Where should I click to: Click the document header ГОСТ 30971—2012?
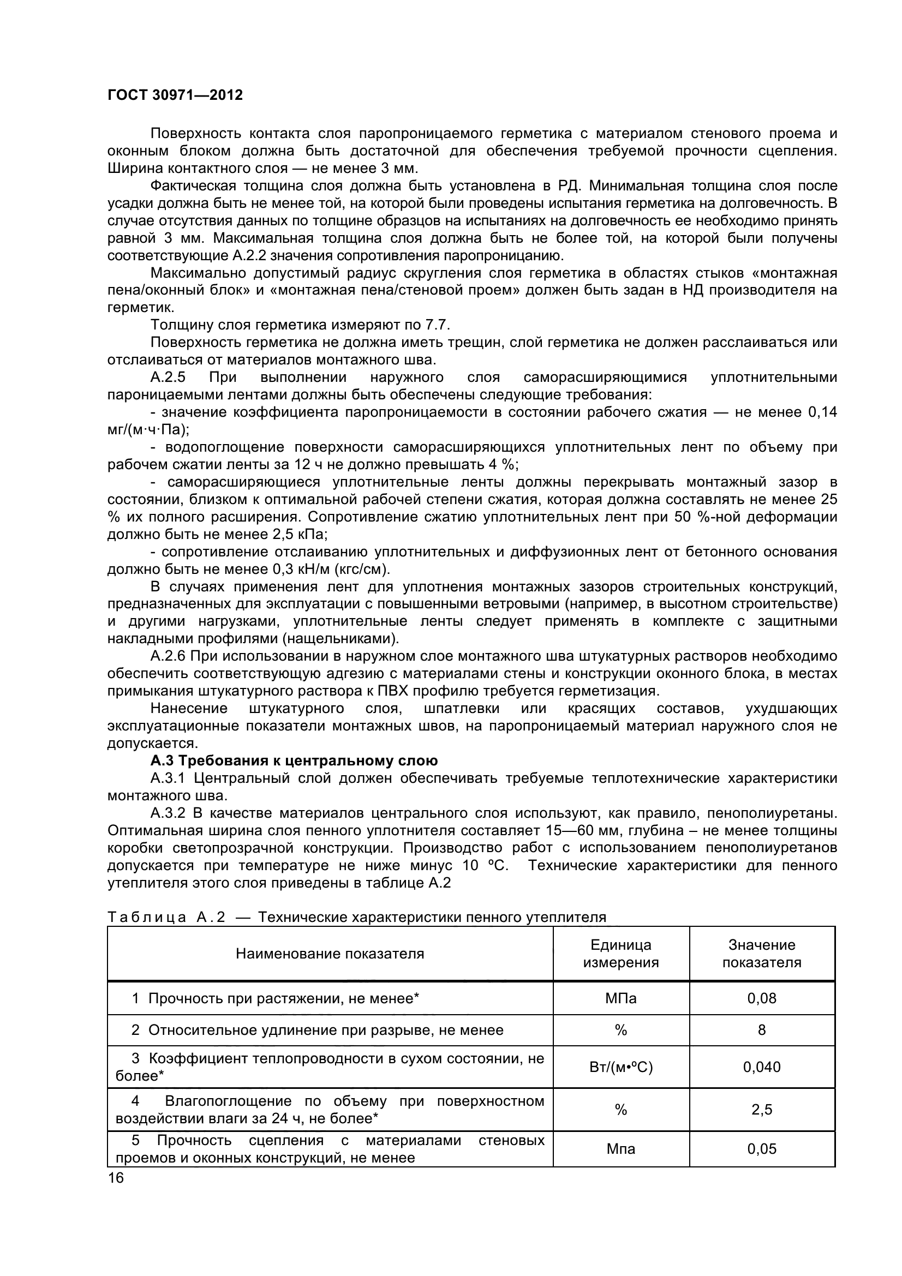(175, 95)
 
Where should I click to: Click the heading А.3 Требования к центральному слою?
(294, 760)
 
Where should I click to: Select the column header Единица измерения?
(621, 954)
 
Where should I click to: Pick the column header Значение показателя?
(761, 954)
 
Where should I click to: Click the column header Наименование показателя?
(330, 954)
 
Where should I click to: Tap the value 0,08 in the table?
(761, 998)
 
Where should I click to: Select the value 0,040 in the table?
(761, 1067)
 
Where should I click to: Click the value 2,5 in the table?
(761, 1109)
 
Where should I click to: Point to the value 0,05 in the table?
(761, 1149)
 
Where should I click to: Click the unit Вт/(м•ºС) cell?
(621, 1067)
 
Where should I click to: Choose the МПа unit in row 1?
(621, 998)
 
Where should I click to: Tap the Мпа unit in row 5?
(621, 1149)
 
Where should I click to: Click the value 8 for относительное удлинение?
(761, 1030)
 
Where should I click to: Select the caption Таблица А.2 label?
(166, 917)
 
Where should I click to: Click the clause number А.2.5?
(168, 378)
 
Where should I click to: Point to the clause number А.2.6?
(168, 656)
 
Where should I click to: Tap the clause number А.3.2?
(168, 813)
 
